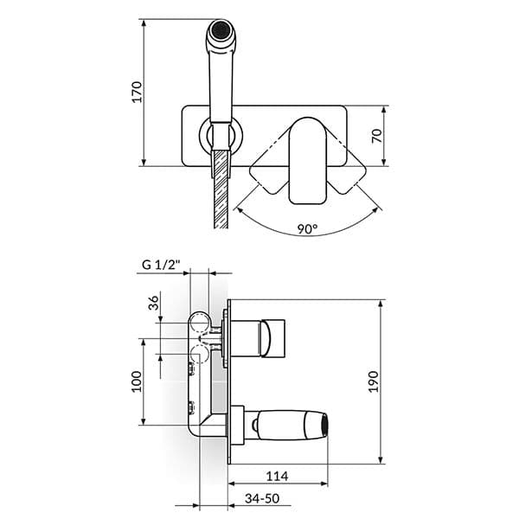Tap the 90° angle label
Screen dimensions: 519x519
tap(307, 230)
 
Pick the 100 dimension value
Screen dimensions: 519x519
tap(136, 381)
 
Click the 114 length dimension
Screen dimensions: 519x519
tap(277, 477)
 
